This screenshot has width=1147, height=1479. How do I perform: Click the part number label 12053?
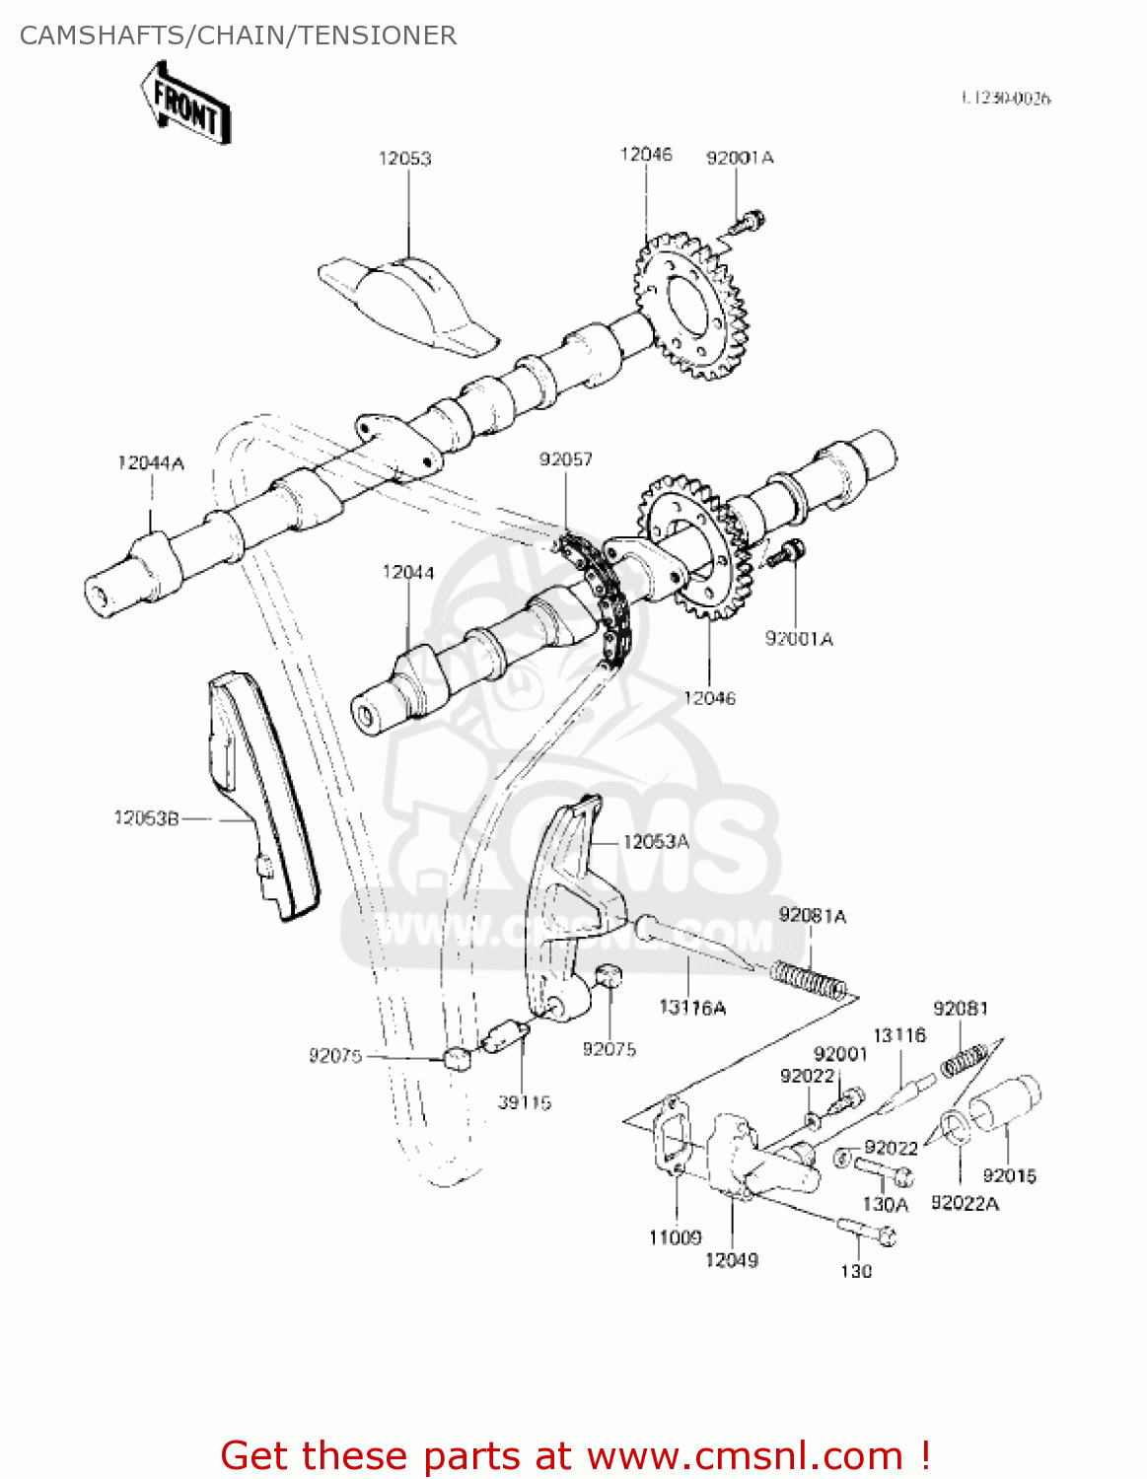click(x=405, y=159)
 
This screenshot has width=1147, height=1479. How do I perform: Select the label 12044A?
click(x=151, y=462)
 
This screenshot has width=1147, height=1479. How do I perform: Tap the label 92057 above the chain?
click(x=565, y=459)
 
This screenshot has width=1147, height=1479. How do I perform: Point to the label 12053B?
click(x=146, y=818)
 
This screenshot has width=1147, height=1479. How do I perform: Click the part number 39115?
click(x=524, y=1102)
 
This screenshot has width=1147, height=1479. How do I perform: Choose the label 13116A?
click(x=692, y=1007)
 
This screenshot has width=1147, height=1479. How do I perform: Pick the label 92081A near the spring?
click(x=812, y=916)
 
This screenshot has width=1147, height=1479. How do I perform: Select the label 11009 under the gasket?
click(x=675, y=1237)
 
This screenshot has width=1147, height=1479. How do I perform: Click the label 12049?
click(x=731, y=1260)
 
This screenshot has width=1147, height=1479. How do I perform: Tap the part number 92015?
click(x=1009, y=1175)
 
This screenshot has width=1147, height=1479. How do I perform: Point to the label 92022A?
click(x=964, y=1203)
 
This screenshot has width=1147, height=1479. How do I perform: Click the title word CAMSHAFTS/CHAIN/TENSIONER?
click(x=238, y=35)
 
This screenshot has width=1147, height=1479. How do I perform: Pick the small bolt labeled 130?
click(x=868, y=1231)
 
